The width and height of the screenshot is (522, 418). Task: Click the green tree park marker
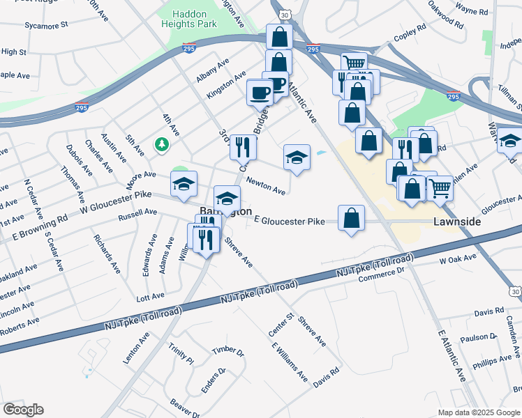click(162, 144)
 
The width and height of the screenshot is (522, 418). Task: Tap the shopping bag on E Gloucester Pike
click(351, 219)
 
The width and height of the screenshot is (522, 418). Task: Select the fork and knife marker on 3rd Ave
click(243, 147)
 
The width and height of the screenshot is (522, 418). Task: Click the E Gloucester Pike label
click(290, 221)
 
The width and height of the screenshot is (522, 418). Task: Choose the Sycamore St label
click(45, 24)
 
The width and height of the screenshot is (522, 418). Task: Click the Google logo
click(23, 409)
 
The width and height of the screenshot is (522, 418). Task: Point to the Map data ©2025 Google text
click(478, 412)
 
